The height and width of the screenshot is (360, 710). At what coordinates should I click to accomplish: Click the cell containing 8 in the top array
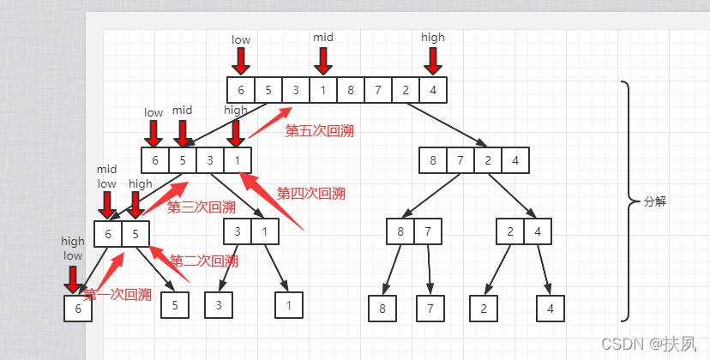click(351, 90)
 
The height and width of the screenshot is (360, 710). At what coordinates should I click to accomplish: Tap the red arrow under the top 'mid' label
click(323, 60)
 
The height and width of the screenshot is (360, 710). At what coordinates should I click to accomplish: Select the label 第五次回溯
click(319, 131)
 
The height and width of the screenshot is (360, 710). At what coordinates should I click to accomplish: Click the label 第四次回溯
click(310, 194)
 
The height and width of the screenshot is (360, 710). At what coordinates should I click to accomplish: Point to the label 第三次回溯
click(201, 207)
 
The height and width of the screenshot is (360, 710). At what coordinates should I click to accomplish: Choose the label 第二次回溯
click(204, 261)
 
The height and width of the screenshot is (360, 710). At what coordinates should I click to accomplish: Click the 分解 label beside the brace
click(654, 202)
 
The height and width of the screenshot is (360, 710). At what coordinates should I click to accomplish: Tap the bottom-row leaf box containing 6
click(77, 308)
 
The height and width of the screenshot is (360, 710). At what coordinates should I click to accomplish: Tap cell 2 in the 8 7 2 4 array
click(488, 160)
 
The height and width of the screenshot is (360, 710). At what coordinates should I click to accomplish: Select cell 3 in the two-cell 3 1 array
click(238, 231)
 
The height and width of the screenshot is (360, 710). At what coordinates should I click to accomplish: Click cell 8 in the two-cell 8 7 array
click(400, 231)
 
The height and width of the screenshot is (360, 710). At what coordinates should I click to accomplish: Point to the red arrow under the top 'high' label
click(433, 60)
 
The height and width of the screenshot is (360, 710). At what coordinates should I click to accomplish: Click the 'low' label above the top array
click(241, 39)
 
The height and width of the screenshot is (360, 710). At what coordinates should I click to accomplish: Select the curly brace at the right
click(628, 201)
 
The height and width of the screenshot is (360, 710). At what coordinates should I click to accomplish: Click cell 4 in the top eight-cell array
click(434, 90)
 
